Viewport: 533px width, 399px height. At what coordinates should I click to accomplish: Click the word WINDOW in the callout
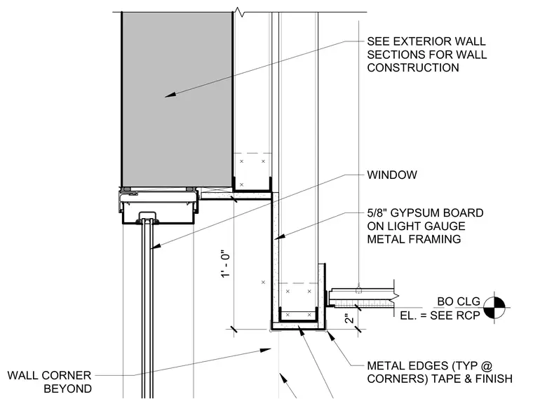point(392,175)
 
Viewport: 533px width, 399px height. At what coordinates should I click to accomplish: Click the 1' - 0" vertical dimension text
point(226,265)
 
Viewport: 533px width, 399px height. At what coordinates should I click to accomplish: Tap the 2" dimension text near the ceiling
point(349,319)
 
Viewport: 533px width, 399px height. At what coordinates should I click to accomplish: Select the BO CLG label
point(459,302)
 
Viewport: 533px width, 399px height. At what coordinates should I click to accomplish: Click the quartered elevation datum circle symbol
point(494,308)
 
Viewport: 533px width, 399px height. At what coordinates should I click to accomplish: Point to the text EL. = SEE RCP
point(440,316)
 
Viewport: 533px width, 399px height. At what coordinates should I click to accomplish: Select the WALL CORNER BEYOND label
point(50,382)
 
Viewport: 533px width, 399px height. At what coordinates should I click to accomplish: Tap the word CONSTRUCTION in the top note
point(413,67)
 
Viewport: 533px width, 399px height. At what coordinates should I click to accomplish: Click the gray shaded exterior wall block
point(177,100)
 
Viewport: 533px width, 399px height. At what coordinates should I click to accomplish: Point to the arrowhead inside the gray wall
point(170,95)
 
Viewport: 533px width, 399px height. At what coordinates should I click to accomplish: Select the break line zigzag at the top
point(240,13)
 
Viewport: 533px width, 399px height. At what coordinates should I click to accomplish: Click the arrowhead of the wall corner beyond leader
point(266,350)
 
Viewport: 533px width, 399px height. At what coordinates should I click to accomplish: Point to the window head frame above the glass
point(158,207)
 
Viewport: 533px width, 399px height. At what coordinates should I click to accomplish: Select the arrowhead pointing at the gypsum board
point(279,236)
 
